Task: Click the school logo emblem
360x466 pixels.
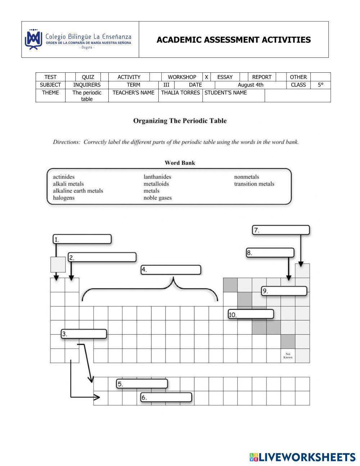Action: coord(33,39)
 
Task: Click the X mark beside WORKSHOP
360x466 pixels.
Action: coord(206,77)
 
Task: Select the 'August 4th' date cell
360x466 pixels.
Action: coord(251,85)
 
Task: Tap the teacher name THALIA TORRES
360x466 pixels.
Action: coord(180,93)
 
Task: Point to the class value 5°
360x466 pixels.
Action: coord(320,85)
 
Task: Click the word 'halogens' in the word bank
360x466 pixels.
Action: coord(64,198)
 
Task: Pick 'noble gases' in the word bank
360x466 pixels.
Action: coord(157,198)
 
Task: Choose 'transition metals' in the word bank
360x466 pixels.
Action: coord(254,184)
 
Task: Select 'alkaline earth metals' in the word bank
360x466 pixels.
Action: coord(78,191)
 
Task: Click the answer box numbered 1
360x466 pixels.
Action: coord(82,239)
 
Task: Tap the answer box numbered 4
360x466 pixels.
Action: coord(171,270)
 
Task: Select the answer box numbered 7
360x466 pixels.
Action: coord(281,230)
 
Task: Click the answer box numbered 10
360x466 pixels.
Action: coord(251,314)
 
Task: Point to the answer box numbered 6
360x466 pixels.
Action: coord(166,398)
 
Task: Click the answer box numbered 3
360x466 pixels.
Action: coord(84,334)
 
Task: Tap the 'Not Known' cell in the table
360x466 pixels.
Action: coord(288,356)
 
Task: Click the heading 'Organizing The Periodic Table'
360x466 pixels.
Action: coord(180,121)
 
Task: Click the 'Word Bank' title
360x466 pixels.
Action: coord(180,163)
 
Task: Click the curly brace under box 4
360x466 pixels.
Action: coord(149,290)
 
